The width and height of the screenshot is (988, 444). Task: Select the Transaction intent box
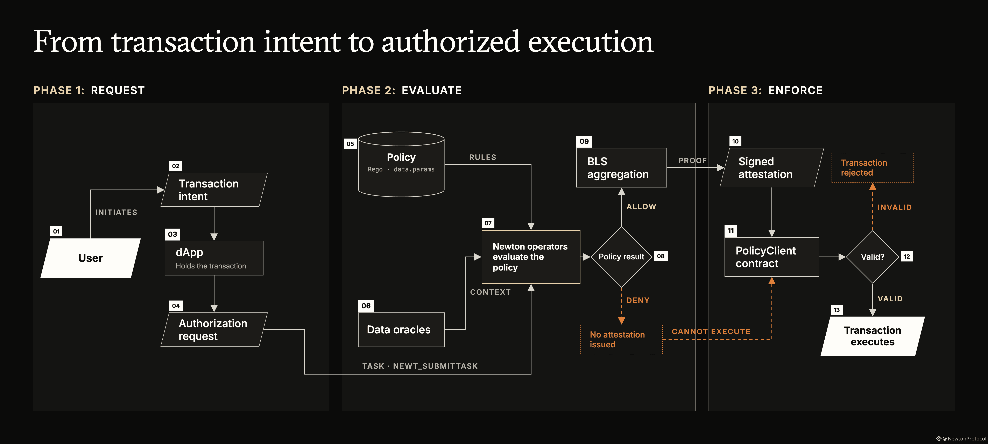click(214, 190)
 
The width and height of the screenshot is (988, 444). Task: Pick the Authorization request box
click(214, 330)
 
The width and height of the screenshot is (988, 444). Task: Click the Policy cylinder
click(401, 164)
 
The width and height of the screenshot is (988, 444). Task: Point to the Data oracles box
click(401, 330)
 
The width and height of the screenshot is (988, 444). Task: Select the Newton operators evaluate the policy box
click(531, 257)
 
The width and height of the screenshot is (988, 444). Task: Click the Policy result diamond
click(621, 257)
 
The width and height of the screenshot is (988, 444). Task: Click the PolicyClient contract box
click(772, 257)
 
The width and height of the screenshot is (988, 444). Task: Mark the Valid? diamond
click(873, 257)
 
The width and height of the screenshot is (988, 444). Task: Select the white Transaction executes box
click(873, 336)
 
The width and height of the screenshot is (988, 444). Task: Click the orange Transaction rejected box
click(873, 168)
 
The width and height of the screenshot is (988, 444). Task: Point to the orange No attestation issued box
click(621, 339)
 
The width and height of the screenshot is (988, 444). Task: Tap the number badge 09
click(584, 141)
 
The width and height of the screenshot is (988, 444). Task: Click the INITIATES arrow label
click(116, 212)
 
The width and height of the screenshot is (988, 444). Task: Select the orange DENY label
click(638, 300)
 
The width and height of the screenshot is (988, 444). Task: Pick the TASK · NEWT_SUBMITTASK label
click(420, 366)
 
